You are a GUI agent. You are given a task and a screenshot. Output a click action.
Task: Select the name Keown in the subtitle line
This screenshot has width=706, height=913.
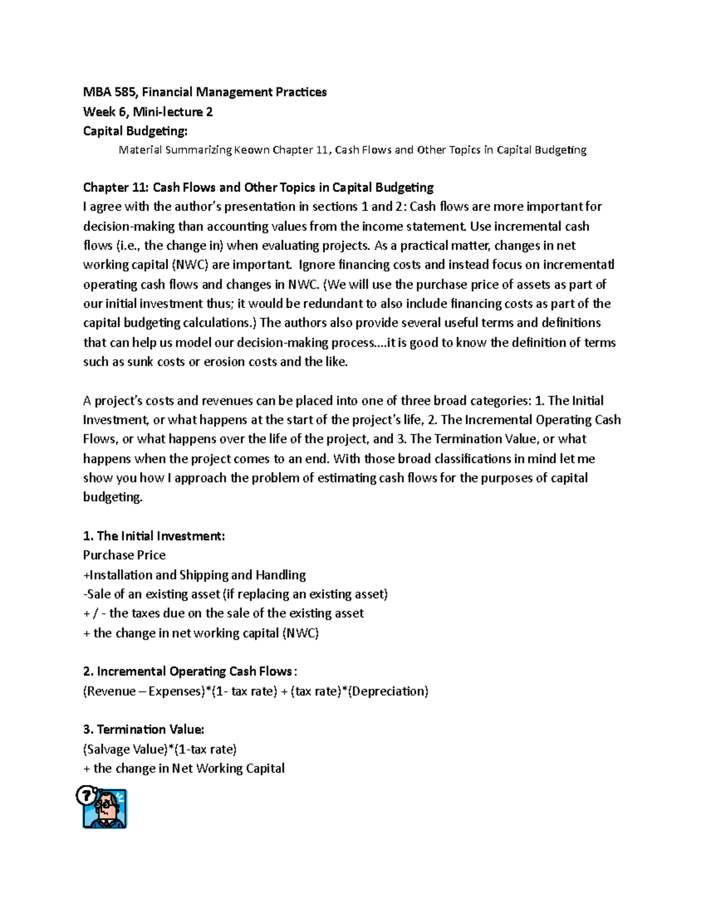(252, 150)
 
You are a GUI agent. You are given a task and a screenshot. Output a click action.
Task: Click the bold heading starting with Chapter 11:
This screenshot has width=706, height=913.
(258, 188)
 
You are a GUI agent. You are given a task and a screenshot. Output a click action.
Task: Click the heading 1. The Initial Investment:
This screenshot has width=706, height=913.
(154, 536)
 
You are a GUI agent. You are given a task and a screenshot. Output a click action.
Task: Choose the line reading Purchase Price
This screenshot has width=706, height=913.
(124, 556)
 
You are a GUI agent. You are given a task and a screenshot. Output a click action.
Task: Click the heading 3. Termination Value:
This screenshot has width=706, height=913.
(144, 730)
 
